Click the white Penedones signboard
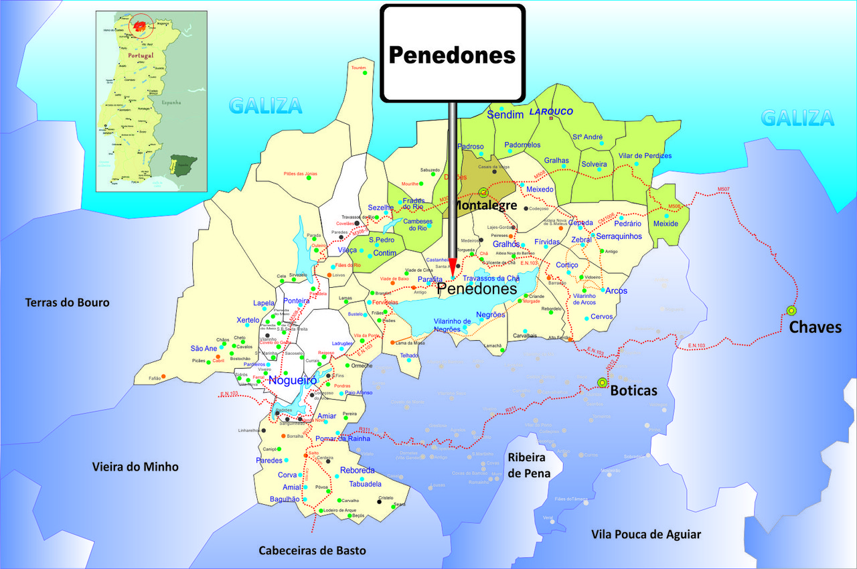(x=453, y=54)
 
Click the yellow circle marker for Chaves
(x=791, y=311)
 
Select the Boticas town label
(x=633, y=390)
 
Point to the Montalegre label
(x=486, y=206)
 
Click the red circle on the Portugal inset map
(x=141, y=26)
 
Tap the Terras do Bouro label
(x=67, y=303)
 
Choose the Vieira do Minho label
(x=135, y=467)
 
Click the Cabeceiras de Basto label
(x=313, y=550)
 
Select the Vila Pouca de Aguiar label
(x=646, y=534)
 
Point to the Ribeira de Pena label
(x=529, y=465)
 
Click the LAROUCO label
(x=552, y=112)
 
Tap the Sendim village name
(x=505, y=115)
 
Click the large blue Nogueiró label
(x=292, y=381)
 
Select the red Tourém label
(x=359, y=68)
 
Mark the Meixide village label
(x=666, y=223)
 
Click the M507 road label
(x=723, y=189)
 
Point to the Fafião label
(x=155, y=378)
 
